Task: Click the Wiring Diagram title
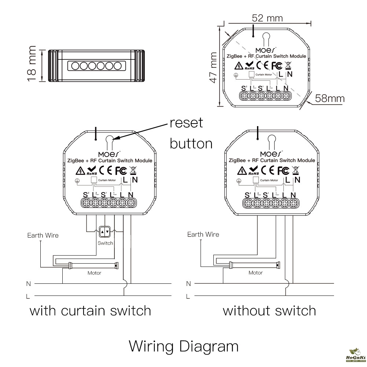point(183,346)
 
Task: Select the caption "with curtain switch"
point(90,311)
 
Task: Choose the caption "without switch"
point(269,311)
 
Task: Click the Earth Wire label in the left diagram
point(43,235)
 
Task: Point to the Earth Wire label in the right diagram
point(203,235)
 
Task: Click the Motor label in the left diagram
point(94,273)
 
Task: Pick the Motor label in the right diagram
point(256,273)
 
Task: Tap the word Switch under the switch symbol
point(105,243)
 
